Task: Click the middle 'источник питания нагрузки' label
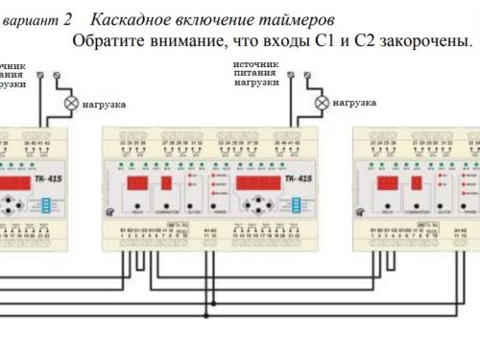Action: pos(256,72)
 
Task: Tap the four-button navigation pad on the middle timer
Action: pos(260,205)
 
